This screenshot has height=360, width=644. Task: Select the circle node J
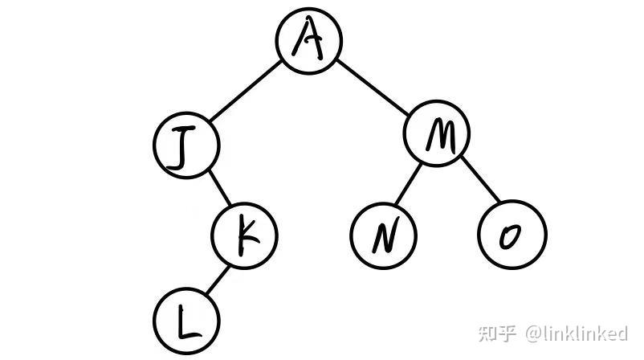pyautogui.click(x=186, y=145)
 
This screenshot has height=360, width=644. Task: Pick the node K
pyautogui.click(x=244, y=235)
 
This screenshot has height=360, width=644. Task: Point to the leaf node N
pyautogui.click(x=384, y=235)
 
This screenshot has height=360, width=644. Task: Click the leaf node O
pyautogui.click(x=512, y=235)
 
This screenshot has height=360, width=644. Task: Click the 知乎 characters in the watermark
pyautogui.click(x=498, y=332)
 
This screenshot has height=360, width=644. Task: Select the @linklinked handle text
pyautogui.click(x=576, y=332)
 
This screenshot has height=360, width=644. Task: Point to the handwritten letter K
pyautogui.click(x=246, y=235)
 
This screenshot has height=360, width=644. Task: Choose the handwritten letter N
pyautogui.click(x=384, y=235)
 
